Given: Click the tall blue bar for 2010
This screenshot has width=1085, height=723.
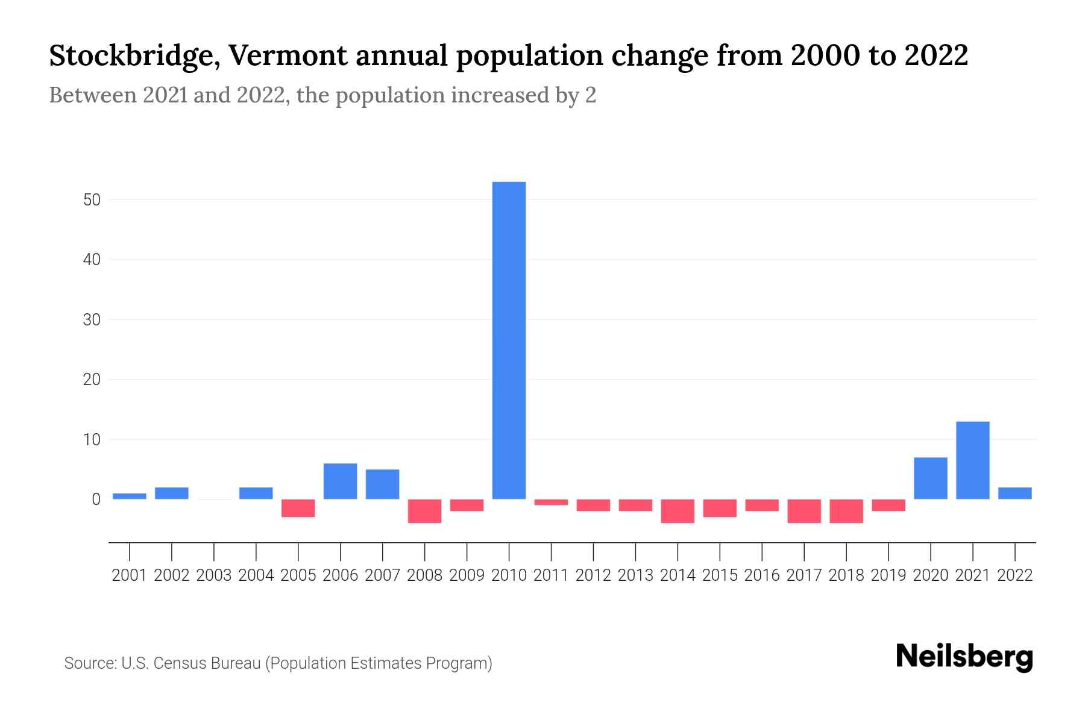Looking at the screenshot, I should click(x=509, y=340).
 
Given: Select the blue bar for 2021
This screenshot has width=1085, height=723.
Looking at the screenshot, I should click(x=973, y=460).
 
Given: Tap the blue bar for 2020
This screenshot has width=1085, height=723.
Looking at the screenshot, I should click(x=931, y=478).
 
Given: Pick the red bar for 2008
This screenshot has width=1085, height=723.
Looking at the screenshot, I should click(x=424, y=511).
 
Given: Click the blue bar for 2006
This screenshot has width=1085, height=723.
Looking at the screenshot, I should click(x=340, y=481).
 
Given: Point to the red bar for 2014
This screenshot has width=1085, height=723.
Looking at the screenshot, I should click(x=678, y=511).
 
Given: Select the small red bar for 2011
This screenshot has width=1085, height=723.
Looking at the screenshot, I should click(x=551, y=502).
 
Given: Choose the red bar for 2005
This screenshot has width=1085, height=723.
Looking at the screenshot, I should click(x=298, y=508).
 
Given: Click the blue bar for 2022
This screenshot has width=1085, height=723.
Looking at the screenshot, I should click(x=1015, y=493).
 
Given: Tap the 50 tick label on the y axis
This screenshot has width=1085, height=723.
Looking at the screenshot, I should click(x=92, y=199).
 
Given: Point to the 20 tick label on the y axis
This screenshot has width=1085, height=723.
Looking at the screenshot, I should click(x=92, y=380).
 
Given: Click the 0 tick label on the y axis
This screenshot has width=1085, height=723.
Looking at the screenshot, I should click(x=96, y=499).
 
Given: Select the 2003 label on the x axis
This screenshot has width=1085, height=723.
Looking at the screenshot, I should click(x=214, y=575).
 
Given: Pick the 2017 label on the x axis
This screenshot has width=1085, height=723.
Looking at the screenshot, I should click(x=804, y=575).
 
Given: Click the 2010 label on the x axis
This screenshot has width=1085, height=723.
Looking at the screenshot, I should click(x=509, y=575).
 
